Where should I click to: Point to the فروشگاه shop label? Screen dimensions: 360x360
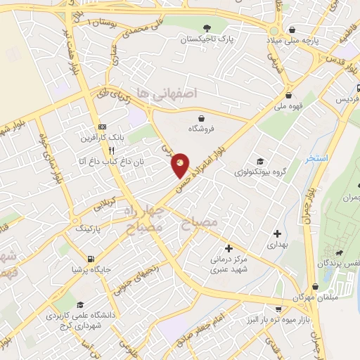point(203,129)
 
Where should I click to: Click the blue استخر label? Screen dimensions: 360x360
point(317,159)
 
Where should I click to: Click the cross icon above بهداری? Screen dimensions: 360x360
point(278,233)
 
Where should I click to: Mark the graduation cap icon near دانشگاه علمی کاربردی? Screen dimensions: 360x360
point(81,305)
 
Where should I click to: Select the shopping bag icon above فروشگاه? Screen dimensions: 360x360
point(203,118)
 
